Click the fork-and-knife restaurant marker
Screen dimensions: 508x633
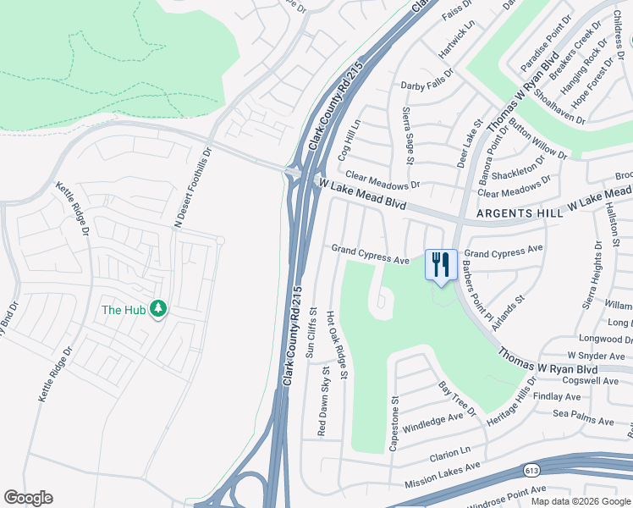(x=440, y=264)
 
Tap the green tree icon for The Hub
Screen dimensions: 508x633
(x=157, y=309)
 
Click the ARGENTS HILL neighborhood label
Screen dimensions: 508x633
(x=519, y=213)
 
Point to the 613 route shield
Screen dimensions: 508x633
(x=531, y=470)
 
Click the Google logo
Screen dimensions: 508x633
(x=28, y=498)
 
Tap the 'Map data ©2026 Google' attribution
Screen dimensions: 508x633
(x=581, y=501)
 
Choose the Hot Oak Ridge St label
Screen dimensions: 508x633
(x=337, y=345)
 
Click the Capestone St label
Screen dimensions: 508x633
(x=394, y=422)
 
